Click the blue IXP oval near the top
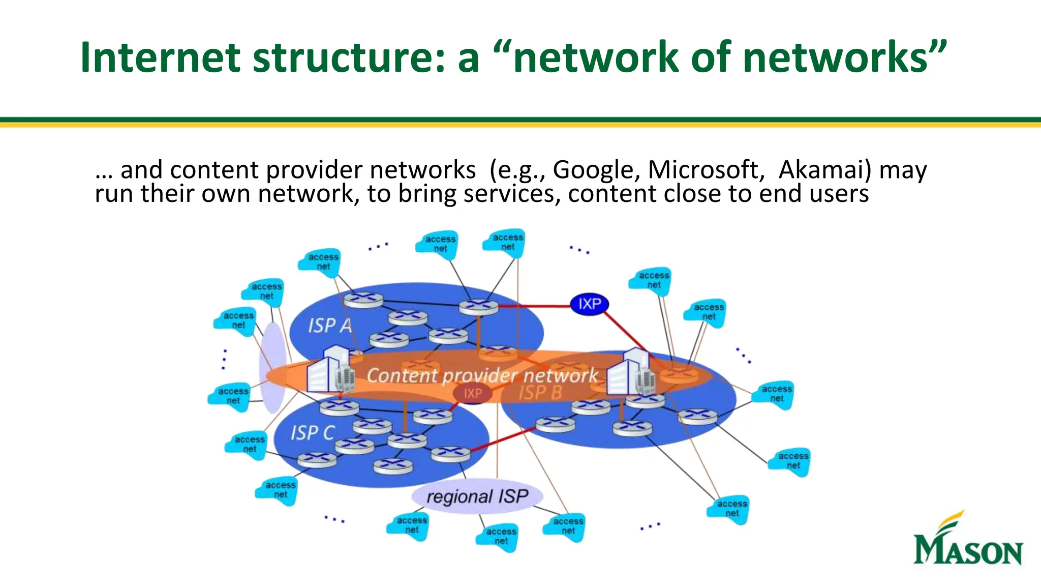(x=589, y=304)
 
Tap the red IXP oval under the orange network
(x=472, y=393)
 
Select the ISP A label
(x=330, y=326)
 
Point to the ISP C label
(x=312, y=433)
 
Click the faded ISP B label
(x=540, y=393)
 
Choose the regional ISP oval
(x=477, y=496)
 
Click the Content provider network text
(x=482, y=375)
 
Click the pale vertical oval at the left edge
(x=273, y=367)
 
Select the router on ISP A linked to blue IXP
(x=478, y=307)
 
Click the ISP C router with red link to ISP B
(x=450, y=453)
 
